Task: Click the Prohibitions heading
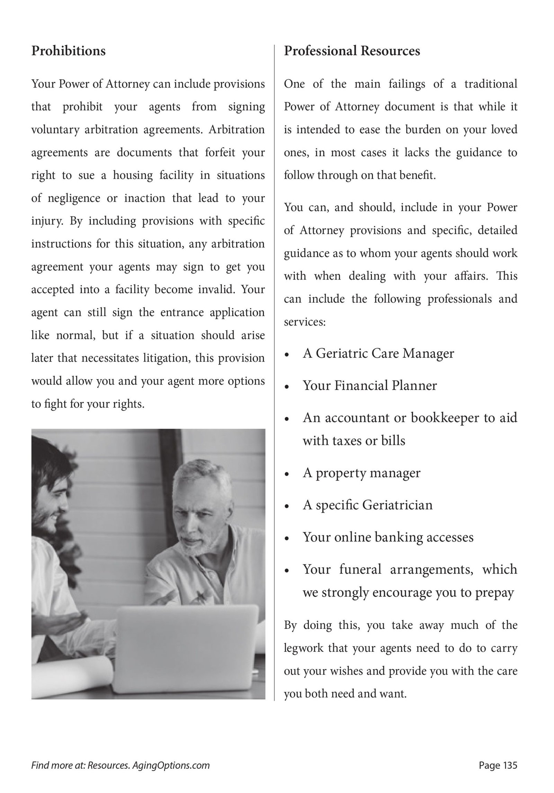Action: (68, 51)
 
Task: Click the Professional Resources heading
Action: (352, 51)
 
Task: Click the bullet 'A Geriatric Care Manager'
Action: (378, 353)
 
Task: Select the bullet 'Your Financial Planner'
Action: (369, 385)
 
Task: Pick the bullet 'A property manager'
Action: (361, 473)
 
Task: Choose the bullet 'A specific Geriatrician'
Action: (367, 505)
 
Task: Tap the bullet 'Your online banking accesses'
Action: (388, 537)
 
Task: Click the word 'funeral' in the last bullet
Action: (360, 569)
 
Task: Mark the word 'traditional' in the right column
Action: (491, 84)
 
